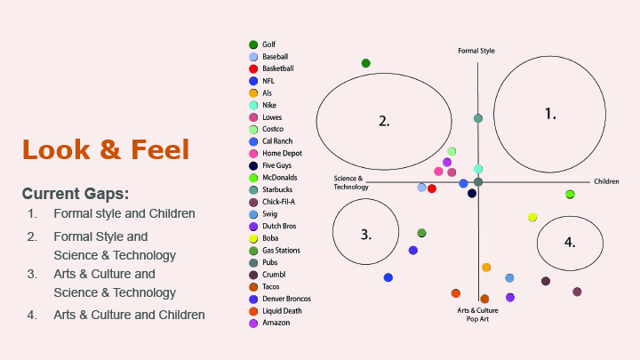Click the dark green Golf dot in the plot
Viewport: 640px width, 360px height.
click(x=365, y=63)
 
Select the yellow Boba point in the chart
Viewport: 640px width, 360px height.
click(x=532, y=217)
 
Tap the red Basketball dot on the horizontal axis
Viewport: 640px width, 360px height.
click(x=432, y=188)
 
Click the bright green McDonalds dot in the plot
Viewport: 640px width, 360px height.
click(x=570, y=194)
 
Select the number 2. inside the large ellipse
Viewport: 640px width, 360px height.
click(x=384, y=121)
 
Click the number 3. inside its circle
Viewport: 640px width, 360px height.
click(x=365, y=235)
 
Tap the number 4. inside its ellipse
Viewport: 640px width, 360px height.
click(x=570, y=241)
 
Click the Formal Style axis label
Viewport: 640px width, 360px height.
click(x=476, y=51)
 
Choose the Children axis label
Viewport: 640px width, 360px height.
click(x=606, y=181)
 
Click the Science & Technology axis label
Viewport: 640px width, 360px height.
click(x=350, y=183)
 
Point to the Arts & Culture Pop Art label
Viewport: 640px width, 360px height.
click(x=477, y=314)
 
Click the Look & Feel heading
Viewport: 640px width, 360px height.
click(x=106, y=149)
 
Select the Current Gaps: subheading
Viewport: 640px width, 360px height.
click(x=76, y=193)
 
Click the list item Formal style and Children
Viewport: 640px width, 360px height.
click(x=124, y=214)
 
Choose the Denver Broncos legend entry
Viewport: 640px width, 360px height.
click(x=286, y=299)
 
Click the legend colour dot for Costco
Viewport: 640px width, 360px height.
click(x=254, y=129)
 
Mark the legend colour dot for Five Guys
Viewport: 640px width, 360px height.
click(x=254, y=165)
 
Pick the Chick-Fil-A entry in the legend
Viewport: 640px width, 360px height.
click(x=282, y=202)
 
